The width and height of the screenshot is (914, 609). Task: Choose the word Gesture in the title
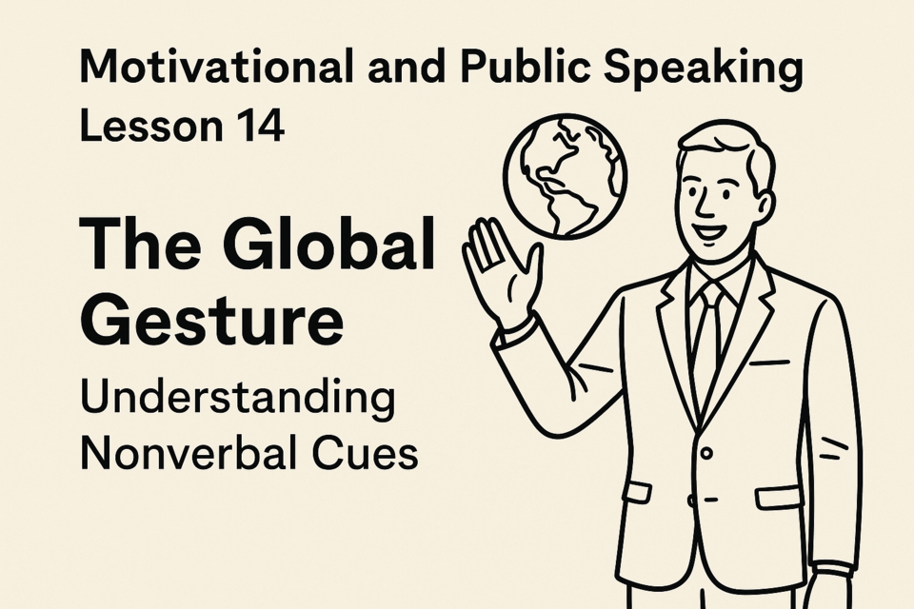click(x=212, y=321)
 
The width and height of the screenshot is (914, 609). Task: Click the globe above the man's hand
click(x=565, y=175)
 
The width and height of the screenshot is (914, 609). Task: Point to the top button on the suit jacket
click(x=705, y=453)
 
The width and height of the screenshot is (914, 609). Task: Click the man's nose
click(x=705, y=205)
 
